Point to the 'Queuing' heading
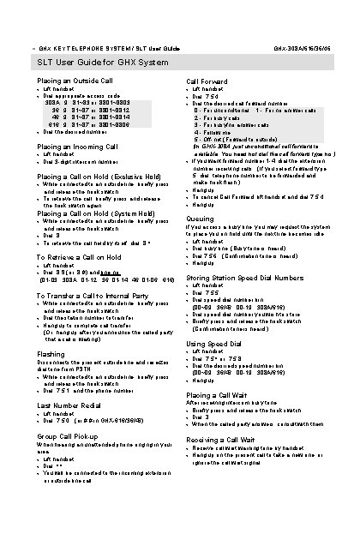(x=201, y=219)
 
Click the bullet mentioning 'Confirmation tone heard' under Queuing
(x=246, y=255)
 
